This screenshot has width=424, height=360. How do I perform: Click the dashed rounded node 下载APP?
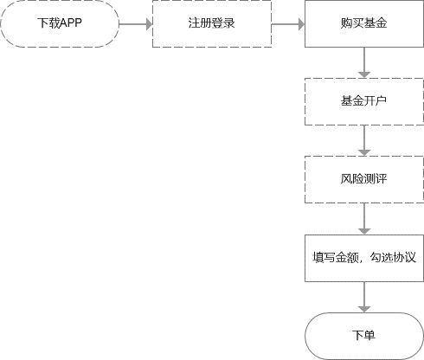click(x=60, y=24)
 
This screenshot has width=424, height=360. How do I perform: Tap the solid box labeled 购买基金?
click(x=363, y=24)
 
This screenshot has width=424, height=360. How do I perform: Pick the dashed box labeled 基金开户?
click(x=363, y=102)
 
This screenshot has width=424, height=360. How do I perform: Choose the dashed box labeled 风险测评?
click(x=363, y=180)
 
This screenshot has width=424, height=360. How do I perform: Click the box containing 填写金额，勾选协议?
click(x=363, y=258)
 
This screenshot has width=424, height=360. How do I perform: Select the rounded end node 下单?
click(x=363, y=335)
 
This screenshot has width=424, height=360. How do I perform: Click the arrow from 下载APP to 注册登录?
click(x=134, y=24)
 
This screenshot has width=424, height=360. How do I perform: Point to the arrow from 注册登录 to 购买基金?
click(x=286, y=24)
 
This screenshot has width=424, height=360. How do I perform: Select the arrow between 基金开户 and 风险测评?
click(x=364, y=141)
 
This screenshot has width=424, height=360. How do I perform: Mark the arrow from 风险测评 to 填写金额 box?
click(x=364, y=219)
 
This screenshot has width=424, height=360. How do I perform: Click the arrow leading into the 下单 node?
click(x=364, y=297)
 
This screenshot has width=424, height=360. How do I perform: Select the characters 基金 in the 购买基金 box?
click(x=375, y=24)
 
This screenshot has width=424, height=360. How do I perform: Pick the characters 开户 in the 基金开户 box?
click(x=375, y=102)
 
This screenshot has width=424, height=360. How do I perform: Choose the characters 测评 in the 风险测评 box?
click(x=375, y=180)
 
